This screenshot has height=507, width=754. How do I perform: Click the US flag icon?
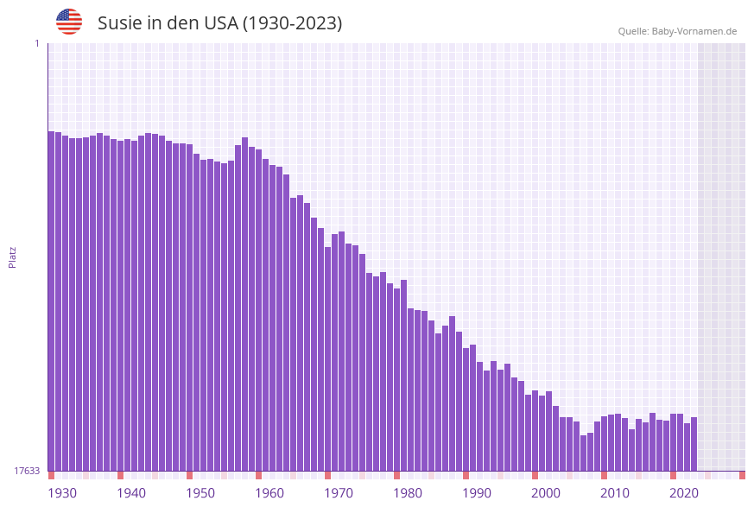click(x=69, y=22)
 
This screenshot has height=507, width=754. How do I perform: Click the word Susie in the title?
click(x=119, y=23)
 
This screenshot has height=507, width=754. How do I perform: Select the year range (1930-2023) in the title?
click(x=293, y=23)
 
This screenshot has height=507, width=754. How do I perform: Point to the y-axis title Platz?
click(x=12, y=257)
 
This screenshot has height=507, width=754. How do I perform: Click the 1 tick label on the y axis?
click(x=36, y=43)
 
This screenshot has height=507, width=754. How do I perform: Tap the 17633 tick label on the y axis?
click(x=27, y=471)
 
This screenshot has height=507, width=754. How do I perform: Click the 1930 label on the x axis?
click(x=62, y=493)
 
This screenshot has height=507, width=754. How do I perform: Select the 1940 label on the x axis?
click(x=131, y=493)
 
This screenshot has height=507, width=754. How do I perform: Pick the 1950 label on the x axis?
click(x=200, y=493)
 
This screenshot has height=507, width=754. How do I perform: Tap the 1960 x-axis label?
click(x=269, y=493)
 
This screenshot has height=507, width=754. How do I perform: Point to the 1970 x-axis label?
click(x=339, y=493)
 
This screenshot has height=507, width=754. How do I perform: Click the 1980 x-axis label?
click(x=408, y=493)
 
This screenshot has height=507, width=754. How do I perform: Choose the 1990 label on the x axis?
click(x=477, y=493)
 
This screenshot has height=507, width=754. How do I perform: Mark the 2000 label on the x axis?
click(x=546, y=493)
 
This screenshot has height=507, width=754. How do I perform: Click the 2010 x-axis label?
click(x=615, y=493)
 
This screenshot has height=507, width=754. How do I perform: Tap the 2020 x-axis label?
click(x=684, y=493)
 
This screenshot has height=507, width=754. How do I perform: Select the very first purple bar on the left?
click(x=51, y=302)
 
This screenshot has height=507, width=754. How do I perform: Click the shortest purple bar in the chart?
click(x=584, y=453)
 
